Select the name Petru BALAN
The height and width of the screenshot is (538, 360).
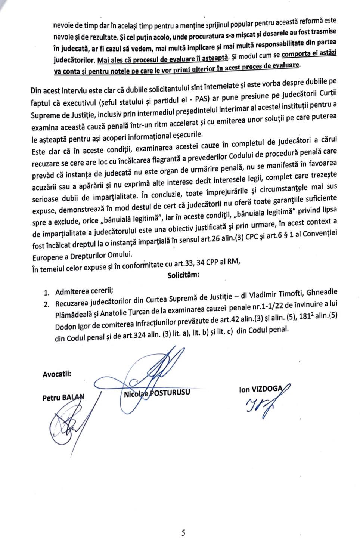tap(63, 397)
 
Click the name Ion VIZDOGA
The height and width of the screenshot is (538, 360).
tap(261, 389)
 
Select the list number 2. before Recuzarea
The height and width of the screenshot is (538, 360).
tap(47, 304)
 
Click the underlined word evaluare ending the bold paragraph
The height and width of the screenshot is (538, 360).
tap(287, 65)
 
